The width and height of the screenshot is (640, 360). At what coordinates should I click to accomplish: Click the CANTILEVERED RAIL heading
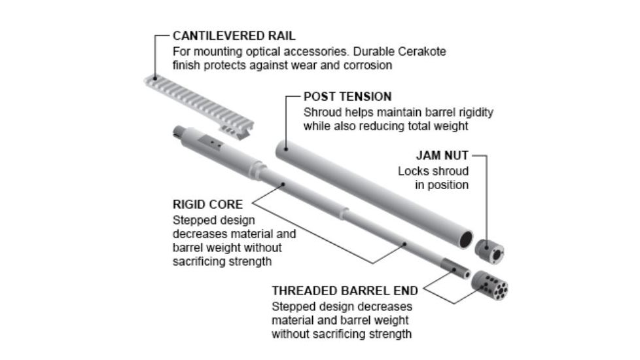pyautogui.click(x=234, y=36)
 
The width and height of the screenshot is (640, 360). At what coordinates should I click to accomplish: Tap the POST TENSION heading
pyautogui.click(x=347, y=97)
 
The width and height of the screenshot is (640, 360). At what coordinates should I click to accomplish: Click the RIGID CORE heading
pyautogui.click(x=207, y=204)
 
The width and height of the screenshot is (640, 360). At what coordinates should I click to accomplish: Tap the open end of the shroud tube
pyautogui.click(x=466, y=238)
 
